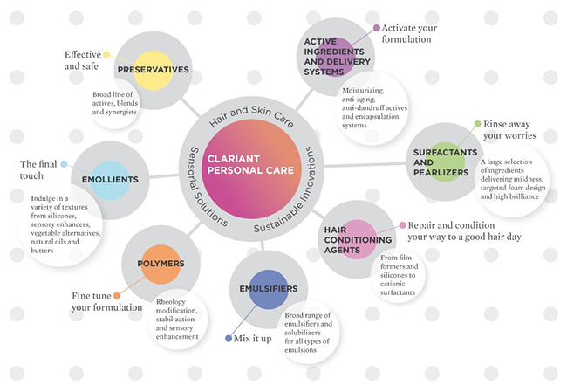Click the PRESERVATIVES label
point(153,70)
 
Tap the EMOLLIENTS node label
point(110,180)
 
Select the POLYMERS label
point(161,264)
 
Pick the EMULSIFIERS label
point(269,288)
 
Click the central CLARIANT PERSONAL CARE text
point(250,165)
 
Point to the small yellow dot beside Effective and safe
point(106,54)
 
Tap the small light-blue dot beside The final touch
point(64,164)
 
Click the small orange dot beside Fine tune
point(117,296)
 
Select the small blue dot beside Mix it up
point(229,339)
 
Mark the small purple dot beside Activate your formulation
point(377,28)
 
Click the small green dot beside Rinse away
point(478,124)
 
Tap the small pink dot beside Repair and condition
point(402,225)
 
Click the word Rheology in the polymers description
point(171,302)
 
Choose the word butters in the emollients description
point(42,251)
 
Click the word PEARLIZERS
point(441,173)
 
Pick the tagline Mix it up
point(252,339)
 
